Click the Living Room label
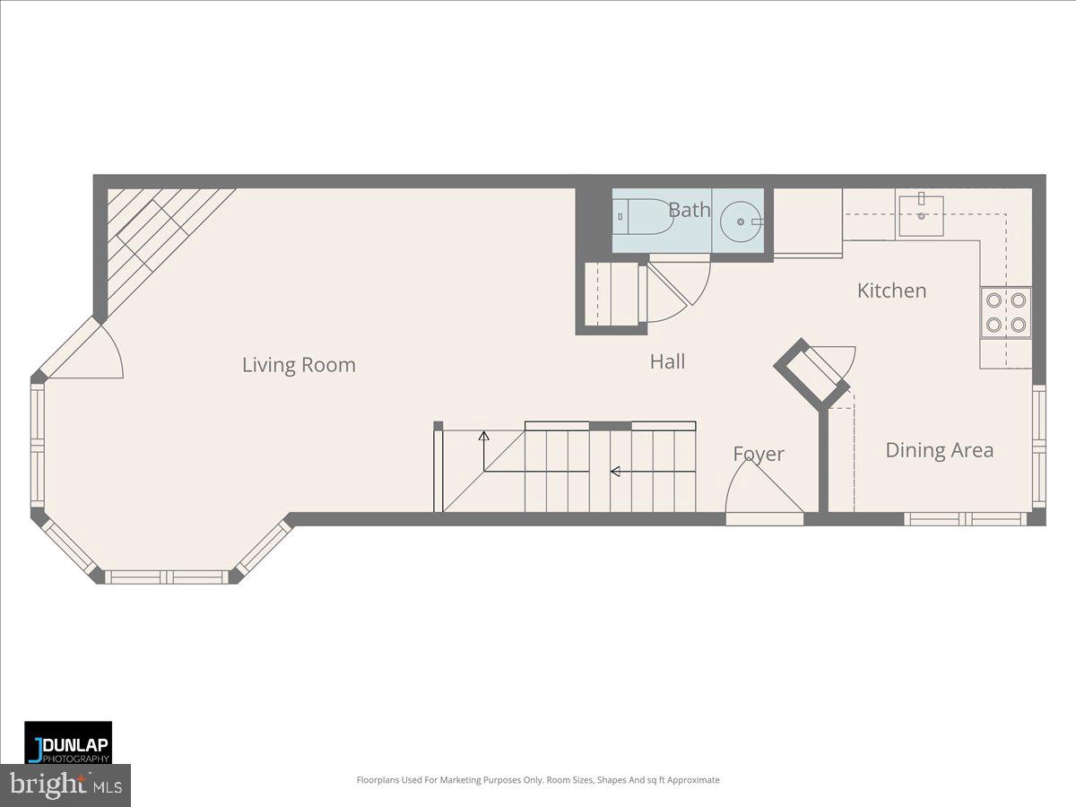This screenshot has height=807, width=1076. (299, 365)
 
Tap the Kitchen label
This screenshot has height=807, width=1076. (891, 291)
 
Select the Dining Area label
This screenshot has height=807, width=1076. (939, 450)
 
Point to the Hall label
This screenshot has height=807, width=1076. (667, 361)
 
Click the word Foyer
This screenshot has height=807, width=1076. (759, 454)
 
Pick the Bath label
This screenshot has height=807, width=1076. (690, 210)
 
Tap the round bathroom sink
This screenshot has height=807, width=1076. (741, 220)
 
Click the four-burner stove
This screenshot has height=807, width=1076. (1005, 312)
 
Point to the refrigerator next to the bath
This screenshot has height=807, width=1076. (807, 221)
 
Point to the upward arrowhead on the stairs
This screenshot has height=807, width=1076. (484, 437)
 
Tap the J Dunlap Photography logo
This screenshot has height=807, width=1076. (68, 742)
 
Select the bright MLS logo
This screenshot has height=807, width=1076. (65, 785)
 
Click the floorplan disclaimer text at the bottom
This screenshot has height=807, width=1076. (538, 780)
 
